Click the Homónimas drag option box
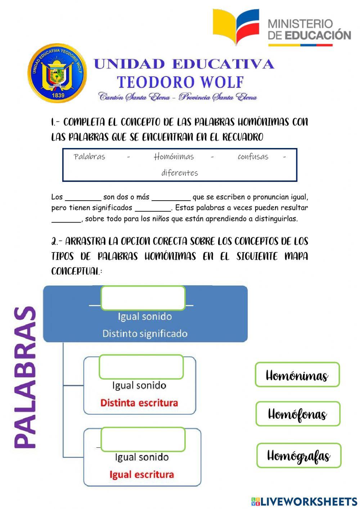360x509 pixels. [x=297, y=375]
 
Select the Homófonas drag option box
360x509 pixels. [x=298, y=414]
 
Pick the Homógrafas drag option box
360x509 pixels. [x=298, y=456]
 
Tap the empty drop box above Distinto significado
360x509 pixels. [x=143, y=298]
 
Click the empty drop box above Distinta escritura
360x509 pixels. [x=141, y=367]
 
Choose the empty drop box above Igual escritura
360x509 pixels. [x=143, y=439]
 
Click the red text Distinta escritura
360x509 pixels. [x=139, y=403]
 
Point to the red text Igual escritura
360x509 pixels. [x=141, y=475]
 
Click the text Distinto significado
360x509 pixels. [x=145, y=334]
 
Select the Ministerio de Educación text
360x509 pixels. [x=309, y=30]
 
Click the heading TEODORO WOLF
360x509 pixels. [x=180, y=82]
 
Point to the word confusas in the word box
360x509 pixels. [x=253, y=157]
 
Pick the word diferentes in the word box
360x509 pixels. [x=180, y=173]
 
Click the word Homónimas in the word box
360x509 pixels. [x=174, y=157]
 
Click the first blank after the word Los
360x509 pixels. [x=83, y=198]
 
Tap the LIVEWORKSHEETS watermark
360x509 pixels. [x=304, y=501]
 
